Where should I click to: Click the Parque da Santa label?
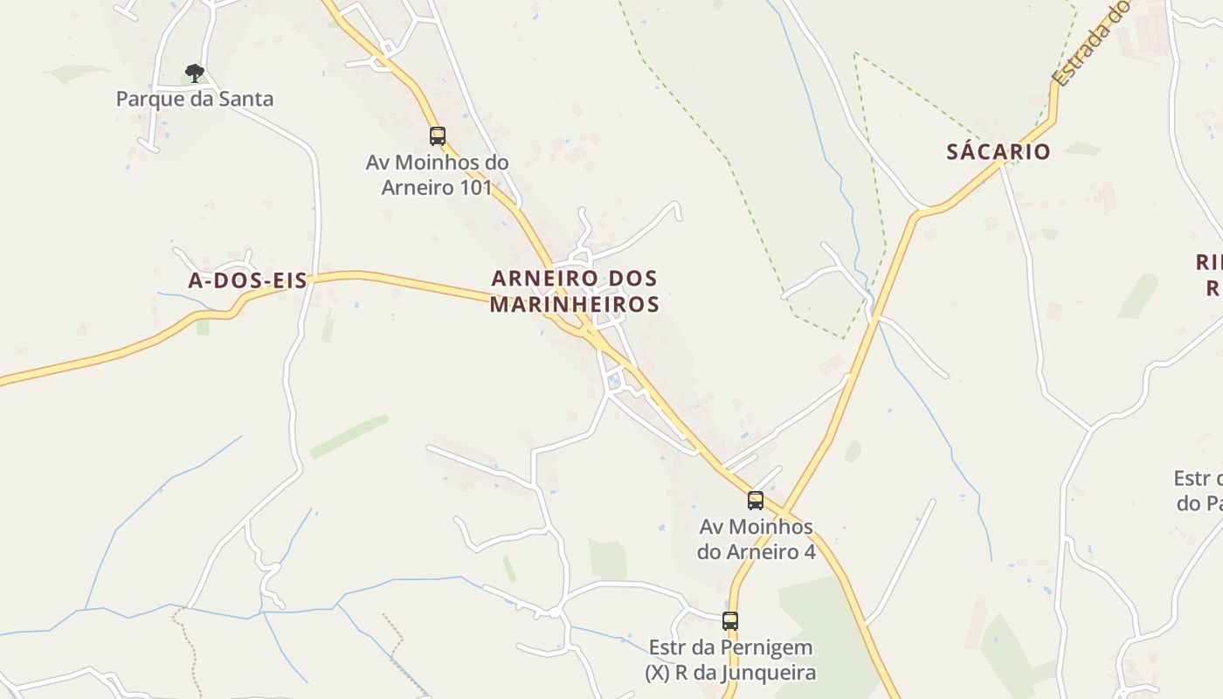click(195, 99)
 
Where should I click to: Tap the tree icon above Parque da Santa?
click(195, 73)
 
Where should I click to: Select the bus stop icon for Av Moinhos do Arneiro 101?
click(438, 136)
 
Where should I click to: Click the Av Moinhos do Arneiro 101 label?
click(437, 175)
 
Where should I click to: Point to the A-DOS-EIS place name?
click(248, 280)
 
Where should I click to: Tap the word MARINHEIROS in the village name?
click(574, 304)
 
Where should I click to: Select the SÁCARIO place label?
click(998, 152)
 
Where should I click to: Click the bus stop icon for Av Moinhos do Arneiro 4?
click(756, 501)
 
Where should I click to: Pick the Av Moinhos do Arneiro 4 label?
click(756, 539)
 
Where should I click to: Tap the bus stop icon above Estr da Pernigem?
click(730, 621)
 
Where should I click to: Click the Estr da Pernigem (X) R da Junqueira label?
click(730, 661)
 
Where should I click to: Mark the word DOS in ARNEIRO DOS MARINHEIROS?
click(629, 279)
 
